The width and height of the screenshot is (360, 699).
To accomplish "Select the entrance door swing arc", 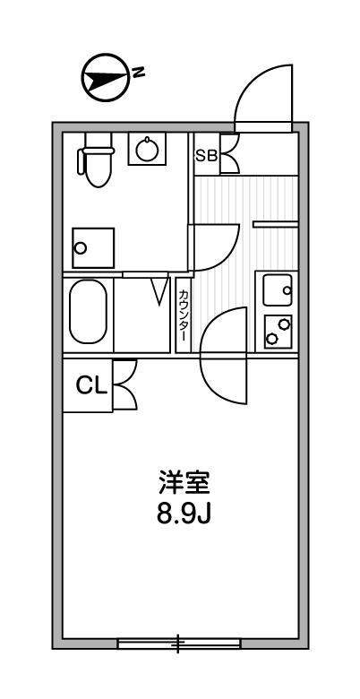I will [263, 97].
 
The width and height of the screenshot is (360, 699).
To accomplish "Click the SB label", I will [206, 155].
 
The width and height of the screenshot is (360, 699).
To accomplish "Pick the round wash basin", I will [148, 150].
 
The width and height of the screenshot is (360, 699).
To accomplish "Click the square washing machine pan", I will [94, 247].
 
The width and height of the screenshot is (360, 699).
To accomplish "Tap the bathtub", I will [87, 311].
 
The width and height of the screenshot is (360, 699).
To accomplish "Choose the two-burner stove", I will [277, 332].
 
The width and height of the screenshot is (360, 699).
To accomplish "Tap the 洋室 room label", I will [184, 485].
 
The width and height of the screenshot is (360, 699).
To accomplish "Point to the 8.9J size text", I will [184, 516].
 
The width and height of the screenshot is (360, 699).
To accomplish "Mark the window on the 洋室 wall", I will [179, 643].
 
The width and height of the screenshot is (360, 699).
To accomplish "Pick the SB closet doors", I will [228, 154].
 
